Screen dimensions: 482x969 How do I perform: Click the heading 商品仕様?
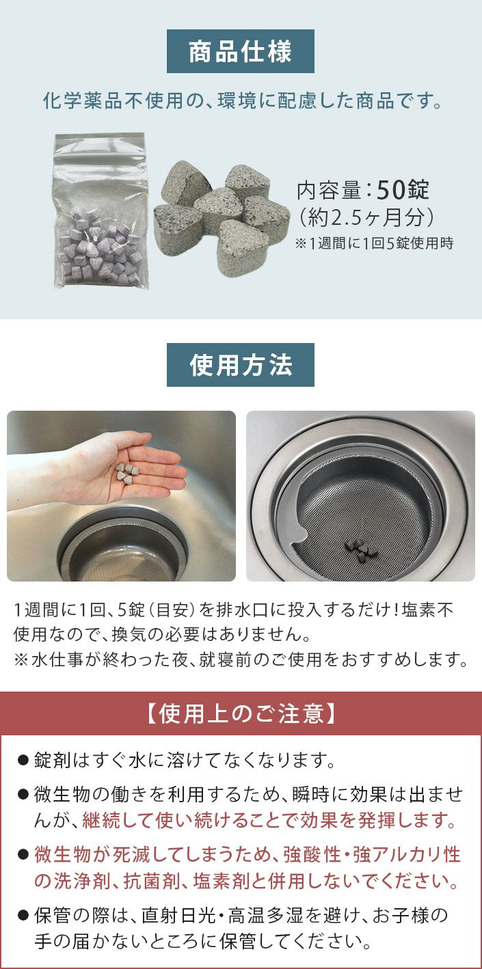click(x=241, y=51)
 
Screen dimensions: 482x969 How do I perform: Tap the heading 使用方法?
click(x=241, y=365)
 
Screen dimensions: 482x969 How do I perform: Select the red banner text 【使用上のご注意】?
click(x=241, y=713)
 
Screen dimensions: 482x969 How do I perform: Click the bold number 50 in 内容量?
click(x=390, y=189)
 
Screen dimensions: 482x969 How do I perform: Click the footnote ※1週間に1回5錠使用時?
click(x=374, y=243)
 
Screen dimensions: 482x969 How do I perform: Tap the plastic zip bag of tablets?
click(x=101, y=210)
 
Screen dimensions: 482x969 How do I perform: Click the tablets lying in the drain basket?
click(x=360, y=549)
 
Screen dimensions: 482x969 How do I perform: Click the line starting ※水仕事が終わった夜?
click(x=241, y=659)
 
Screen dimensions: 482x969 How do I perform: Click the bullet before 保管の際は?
click(x=23, y=916)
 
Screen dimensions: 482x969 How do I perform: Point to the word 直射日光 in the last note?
click(x=178, y=916)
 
